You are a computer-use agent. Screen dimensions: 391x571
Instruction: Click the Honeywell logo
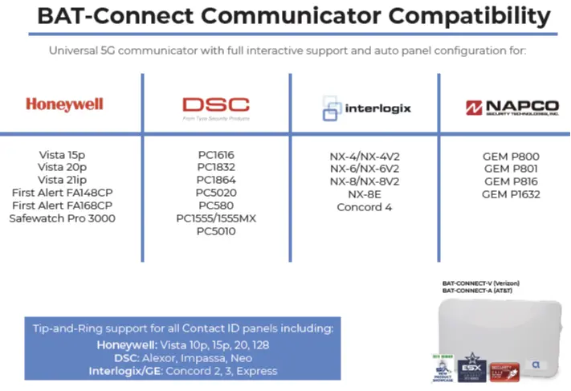pyautogui.click(x=64, y=104)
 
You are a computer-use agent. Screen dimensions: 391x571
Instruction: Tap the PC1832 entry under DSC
pyautogui.click(x=216, y=167)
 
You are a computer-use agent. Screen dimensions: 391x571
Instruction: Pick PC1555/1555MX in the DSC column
pyautogui.click(x=216, y=218)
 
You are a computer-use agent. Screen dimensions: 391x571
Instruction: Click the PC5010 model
pyautogui.click(x=216, y=231)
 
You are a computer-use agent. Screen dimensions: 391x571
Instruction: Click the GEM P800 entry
pyautogui.click(x=512, y=156)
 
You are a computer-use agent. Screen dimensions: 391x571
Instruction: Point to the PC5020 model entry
pyautogui.click(x=216, y=193)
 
